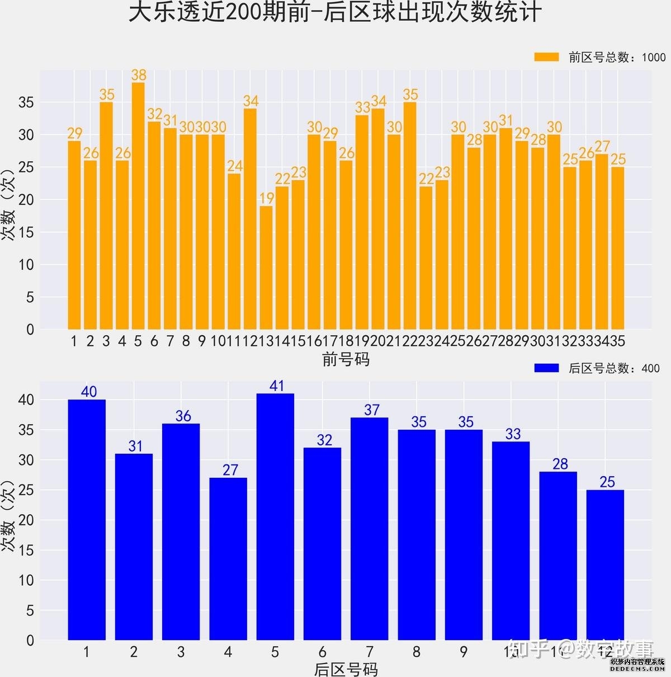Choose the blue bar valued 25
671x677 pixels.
point(605,565)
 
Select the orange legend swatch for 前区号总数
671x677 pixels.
point(546,57)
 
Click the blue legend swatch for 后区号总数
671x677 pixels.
point(546,368)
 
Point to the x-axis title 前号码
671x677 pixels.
point(346,359)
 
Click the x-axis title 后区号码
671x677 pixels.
point(346,669)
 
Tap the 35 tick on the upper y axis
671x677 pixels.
point(26,102)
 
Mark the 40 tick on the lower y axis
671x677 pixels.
point(26,399)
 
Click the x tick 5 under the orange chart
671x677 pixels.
point(138,341)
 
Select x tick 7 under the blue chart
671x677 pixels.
point(369,652)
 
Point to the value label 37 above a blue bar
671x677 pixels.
point(372,410)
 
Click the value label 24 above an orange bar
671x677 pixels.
point(235,166)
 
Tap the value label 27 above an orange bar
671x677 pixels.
point(602,146)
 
